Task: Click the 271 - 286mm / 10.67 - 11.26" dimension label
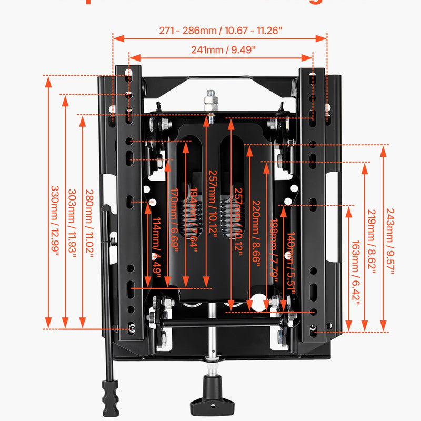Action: tap(220, 30)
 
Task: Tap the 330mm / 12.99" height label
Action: tap(55, 218)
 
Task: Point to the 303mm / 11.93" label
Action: tap(73, 223)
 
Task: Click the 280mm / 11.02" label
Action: tap(89, 223)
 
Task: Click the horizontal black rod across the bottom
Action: tap(221, 320)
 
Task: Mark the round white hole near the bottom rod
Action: tap(257, 302)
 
